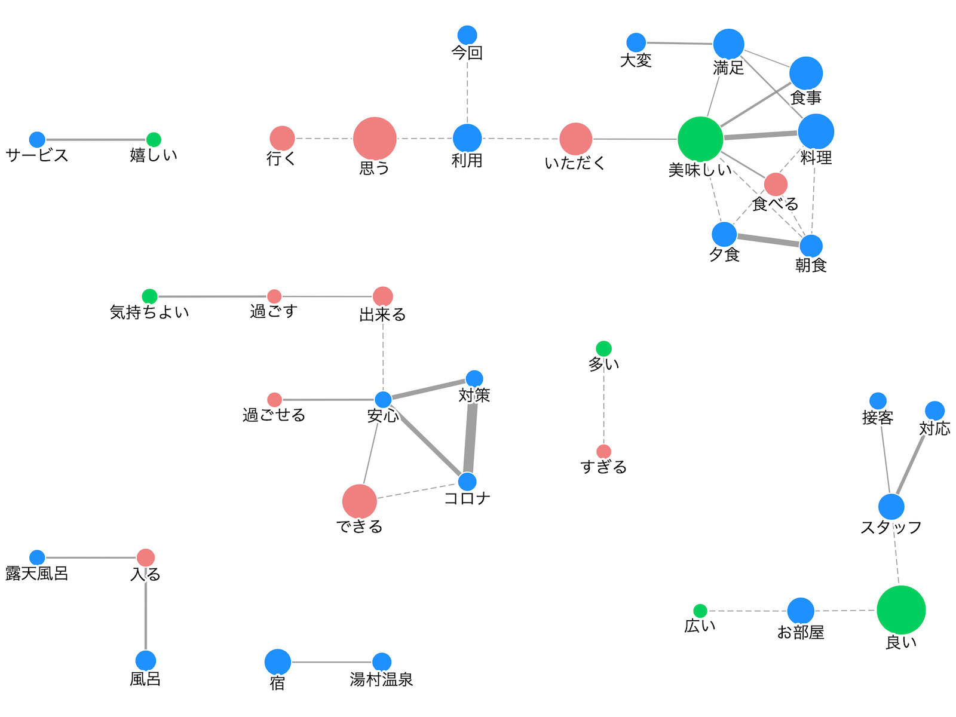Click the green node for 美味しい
point(700,139)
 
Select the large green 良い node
point(901,610)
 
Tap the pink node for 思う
point(375,139)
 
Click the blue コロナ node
point(467,482)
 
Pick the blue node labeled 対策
point(474,379)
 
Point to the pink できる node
point(360,501)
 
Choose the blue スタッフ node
point(891,507)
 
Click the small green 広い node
point(700,611)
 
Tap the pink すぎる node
point(603,452)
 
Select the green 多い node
point(603,348)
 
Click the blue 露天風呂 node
point(37,557)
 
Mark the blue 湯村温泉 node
point(382,662)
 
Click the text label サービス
point(37,155)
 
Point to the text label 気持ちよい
point(149,312)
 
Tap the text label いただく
point(575,163)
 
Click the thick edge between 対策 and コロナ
point(471,430)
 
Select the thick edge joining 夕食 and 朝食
point(768,240)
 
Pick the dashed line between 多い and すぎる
point(603,400)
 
